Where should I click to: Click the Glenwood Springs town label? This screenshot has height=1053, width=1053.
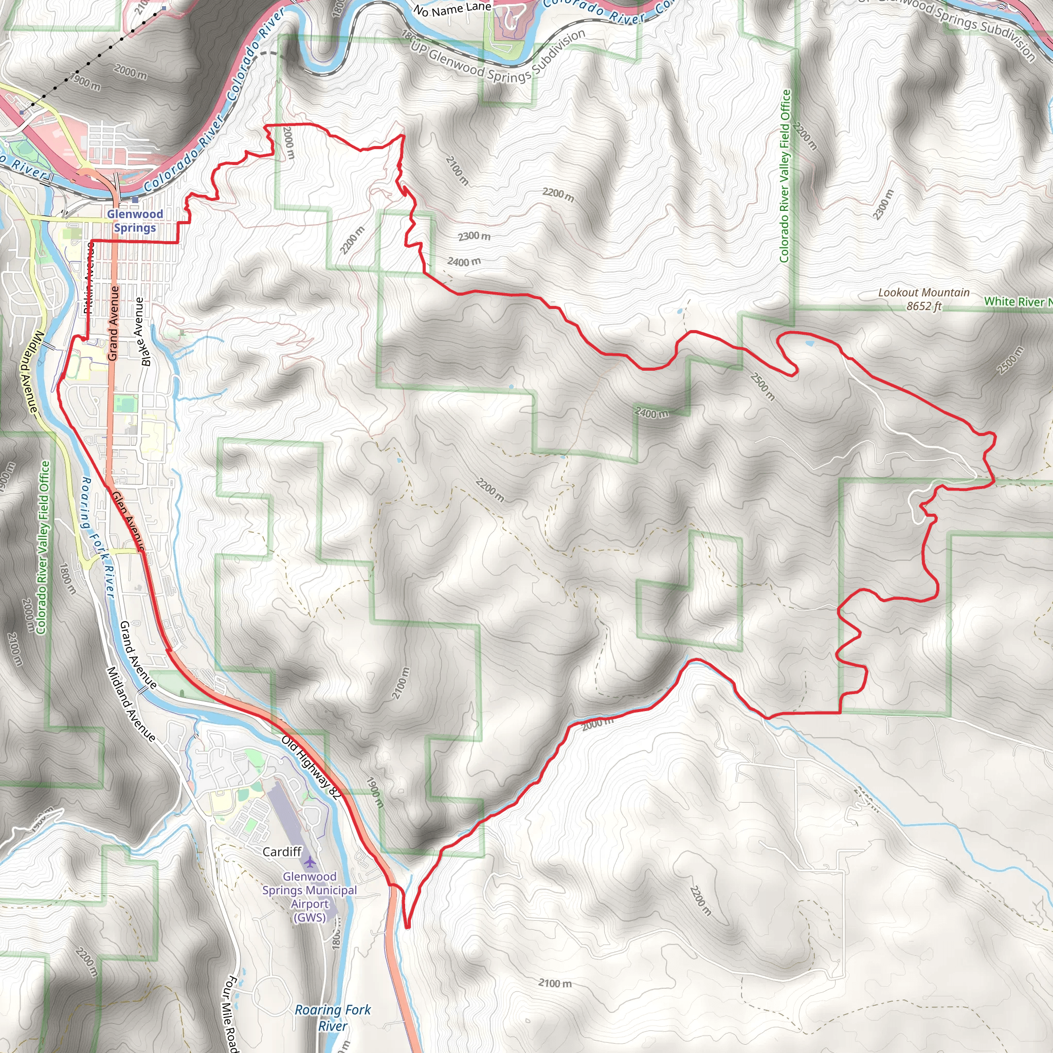[135, 221]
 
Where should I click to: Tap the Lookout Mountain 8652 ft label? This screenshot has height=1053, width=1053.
[923, 299]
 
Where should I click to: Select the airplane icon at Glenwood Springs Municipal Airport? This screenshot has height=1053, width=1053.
[310, 862]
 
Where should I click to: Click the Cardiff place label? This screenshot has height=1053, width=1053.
[282, 851]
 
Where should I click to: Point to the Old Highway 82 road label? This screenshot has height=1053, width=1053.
[311, 768]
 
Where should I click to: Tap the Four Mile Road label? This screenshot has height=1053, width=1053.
[231, 1014]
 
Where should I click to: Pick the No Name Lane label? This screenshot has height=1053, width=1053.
[452, 9]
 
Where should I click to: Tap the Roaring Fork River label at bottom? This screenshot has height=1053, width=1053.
[333, 1018]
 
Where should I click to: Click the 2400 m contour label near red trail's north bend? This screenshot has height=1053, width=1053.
[464, 262]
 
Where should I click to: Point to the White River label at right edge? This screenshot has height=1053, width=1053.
[1017, 301]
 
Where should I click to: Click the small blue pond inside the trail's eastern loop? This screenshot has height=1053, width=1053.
[809, 343]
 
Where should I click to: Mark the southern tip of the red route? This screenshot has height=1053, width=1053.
[407, 925]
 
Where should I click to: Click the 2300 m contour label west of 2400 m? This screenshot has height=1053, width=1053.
[474, 236]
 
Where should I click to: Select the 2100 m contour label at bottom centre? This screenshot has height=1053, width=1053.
[555, 983]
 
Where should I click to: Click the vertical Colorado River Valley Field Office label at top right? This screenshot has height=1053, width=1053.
[785, 175]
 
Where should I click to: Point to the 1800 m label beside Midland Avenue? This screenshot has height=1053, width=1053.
[66, 579]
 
